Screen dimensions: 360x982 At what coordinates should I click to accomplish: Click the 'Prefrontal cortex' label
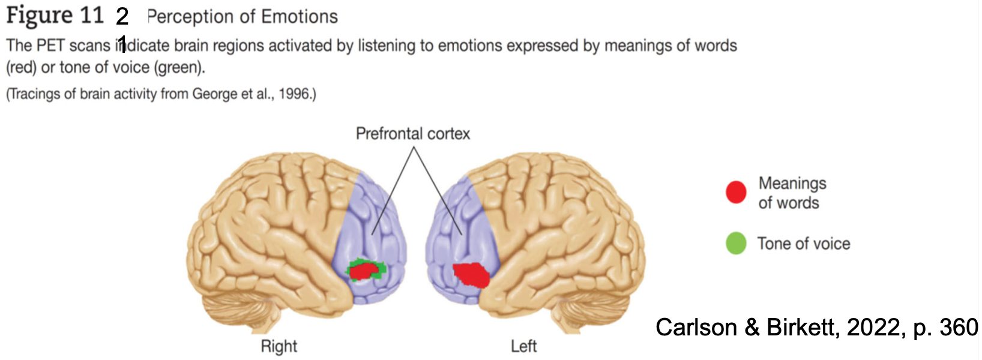(x=412, y=133)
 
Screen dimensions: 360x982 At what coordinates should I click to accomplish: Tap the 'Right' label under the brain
(x=279, y=346)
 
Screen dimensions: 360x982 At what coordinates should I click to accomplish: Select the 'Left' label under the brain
(x=523, y=346)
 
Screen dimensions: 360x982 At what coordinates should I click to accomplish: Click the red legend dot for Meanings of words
(x=736, y=192)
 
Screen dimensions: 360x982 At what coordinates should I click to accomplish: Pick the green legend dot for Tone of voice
(x=736, y=244)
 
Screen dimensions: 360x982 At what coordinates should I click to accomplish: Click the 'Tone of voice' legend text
(x=803, y=244)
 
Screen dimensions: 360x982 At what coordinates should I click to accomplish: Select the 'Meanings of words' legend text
(x=792, y=193)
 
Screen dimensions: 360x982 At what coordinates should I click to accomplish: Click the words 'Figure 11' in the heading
(x=55, y=16)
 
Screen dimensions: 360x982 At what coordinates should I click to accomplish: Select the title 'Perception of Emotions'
(x=242, y=17)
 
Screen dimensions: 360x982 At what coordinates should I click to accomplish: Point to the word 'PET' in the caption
(x=50, y=46)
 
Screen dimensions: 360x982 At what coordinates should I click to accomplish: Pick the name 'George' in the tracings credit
(x=214, y=94)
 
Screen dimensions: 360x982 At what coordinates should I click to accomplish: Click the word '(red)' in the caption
(x=21, y=67)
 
